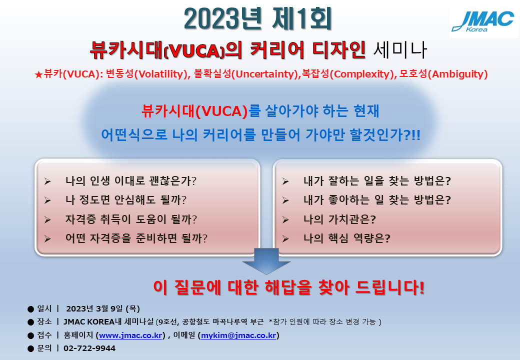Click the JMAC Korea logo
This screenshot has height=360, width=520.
point(483,21)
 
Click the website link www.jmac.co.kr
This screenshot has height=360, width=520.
point(130,335)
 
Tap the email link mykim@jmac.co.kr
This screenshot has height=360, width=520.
point(238,335)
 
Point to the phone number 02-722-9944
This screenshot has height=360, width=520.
point(89,348)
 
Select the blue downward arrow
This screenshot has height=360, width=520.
point(266,261)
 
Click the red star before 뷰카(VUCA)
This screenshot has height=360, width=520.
point(38,74)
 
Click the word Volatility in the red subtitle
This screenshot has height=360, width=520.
point(160,74)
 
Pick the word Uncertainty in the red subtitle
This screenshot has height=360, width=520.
point(264,74)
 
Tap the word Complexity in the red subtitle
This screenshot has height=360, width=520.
point(363,74)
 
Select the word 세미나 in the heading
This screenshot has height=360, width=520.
point(400,50)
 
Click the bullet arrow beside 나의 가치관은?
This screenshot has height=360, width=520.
point(285,220)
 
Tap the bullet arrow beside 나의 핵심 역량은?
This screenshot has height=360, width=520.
point(285,239)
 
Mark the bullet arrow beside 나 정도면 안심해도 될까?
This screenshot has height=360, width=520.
point(47,200)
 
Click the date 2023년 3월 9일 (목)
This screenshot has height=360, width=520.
point(103,309)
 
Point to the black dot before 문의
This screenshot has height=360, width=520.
point(31,348)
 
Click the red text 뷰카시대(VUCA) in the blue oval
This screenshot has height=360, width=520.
point(194,110)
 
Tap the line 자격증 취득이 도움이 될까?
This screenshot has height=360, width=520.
point(131,219)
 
